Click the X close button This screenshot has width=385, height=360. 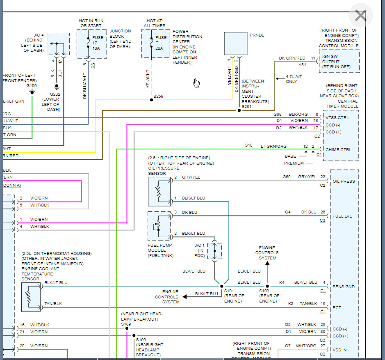pyautogui.click(x=360, y=16)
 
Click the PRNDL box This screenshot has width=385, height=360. pyautogui.click(x=235, y=44)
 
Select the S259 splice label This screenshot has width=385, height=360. pyautogui.click(x=158, y=96)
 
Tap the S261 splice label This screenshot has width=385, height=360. pyautogui.click(x=246, y=106)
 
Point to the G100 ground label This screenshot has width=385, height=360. pyautogui.click(x=32, y=86)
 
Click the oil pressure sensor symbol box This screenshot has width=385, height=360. pyautogui.click(x=159, y=191)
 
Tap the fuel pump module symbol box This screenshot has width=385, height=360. pyautogui.click(x=159, y=226)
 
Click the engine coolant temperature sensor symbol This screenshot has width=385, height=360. pyautogui.click(x=31, y=297)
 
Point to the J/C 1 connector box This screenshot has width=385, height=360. pyautogui.click(x=214, y=251)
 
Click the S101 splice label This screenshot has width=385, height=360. pyautogui.click(x=229, y=291)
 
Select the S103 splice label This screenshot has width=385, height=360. pyautogui.click(x=264, y=291)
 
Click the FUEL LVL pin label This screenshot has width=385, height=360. pyautogui.click(x=342, y=216)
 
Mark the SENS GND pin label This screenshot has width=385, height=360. pyautogui.click(x=344, y=287)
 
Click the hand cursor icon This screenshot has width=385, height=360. pyautogui.click(x=196, y=83)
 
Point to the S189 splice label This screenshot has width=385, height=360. pyautogui.click(x=126, y=324)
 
